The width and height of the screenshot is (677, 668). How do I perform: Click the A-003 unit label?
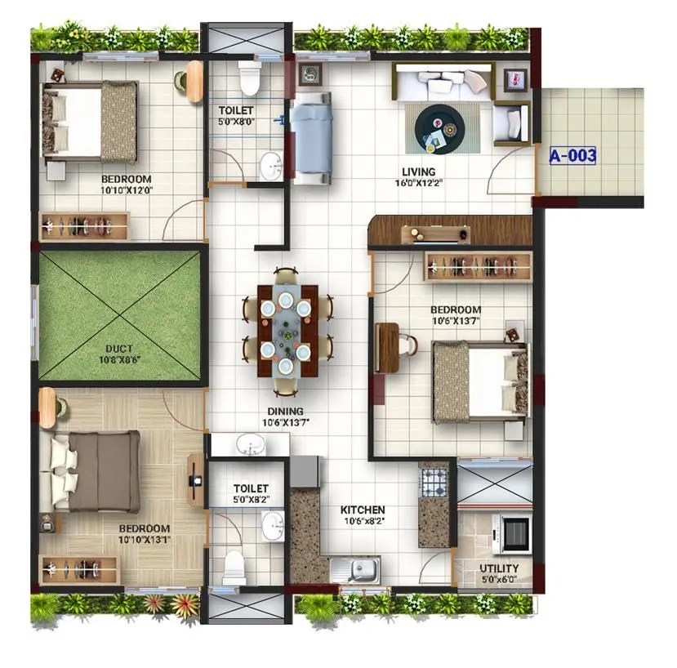[x=572, y=155]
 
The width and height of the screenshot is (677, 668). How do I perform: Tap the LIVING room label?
[x=418, y=171]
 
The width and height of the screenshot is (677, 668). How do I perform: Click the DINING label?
[x=283, y=412]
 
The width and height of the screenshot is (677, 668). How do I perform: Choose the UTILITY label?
[x=498, y=569]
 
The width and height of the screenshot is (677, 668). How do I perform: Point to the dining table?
[x=285, y=330]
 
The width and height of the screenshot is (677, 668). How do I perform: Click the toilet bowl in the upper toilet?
[x=250, y=79]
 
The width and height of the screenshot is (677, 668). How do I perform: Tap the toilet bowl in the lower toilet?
[x=234, y=565]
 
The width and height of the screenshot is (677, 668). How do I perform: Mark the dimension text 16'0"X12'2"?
[x=418, y=183]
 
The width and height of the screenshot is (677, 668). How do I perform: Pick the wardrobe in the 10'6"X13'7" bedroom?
[x=477, y=265]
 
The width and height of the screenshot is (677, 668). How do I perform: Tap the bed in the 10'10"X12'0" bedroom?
[x=90, y=122]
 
